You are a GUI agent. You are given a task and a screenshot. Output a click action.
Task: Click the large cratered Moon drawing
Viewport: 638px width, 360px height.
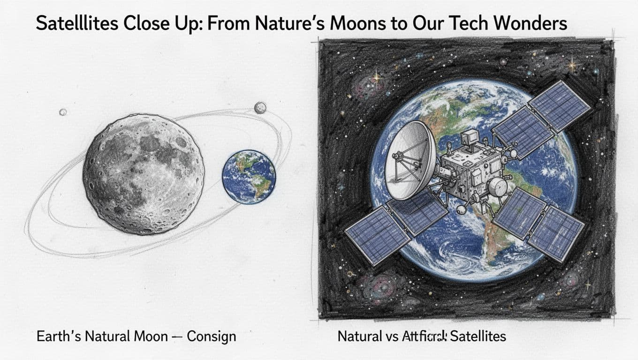[x=143, y=173]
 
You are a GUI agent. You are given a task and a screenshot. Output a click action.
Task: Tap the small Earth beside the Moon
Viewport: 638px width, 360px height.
[x=249, y=177]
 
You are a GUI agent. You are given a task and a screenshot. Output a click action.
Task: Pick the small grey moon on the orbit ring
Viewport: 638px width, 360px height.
[x=260, y=108]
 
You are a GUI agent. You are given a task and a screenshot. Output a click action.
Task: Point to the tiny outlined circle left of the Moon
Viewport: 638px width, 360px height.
[x=63, y=112]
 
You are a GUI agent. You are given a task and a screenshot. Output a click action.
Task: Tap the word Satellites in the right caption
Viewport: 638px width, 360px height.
[x=478, y=337]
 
